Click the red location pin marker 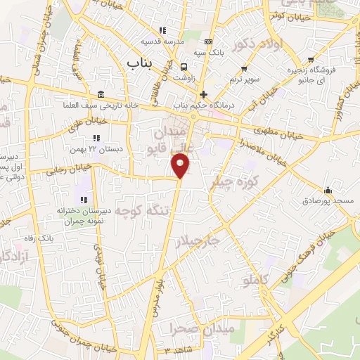click(181, 165)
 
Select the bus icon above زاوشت click(184, 68)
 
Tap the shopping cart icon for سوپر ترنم click(244, 69)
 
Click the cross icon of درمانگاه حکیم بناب click(203, 94)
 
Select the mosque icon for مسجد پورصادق click(328, 190)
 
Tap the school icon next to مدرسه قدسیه click(162, 30)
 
